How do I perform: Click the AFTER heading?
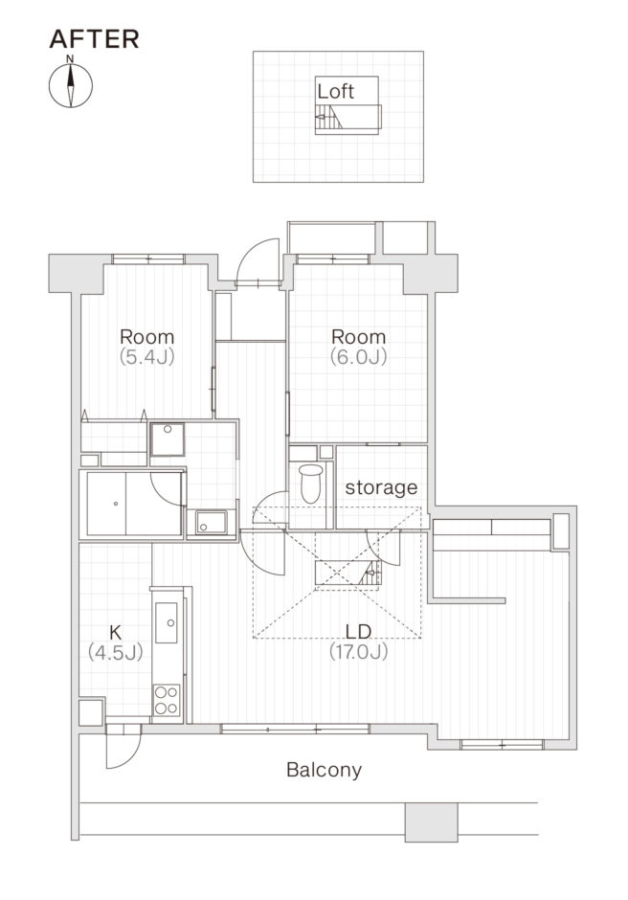[94, 39]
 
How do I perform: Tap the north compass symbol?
[71, 85]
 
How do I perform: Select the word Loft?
[335, 91]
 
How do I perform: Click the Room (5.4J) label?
[147, 346]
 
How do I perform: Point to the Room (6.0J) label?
[359, 346]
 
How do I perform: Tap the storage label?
[381, 487]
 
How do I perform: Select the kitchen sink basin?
[168, 622]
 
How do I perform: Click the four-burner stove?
[167, 700]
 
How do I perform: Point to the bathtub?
[134, 504]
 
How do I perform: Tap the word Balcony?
[325, 770]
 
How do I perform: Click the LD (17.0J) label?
[358, 641]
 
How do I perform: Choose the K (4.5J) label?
[116, 642]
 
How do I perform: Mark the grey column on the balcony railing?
[431, 821]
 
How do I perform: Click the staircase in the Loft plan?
[329, 120]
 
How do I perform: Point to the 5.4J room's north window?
[148, 259]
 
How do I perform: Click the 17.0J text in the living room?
[358, 651]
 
